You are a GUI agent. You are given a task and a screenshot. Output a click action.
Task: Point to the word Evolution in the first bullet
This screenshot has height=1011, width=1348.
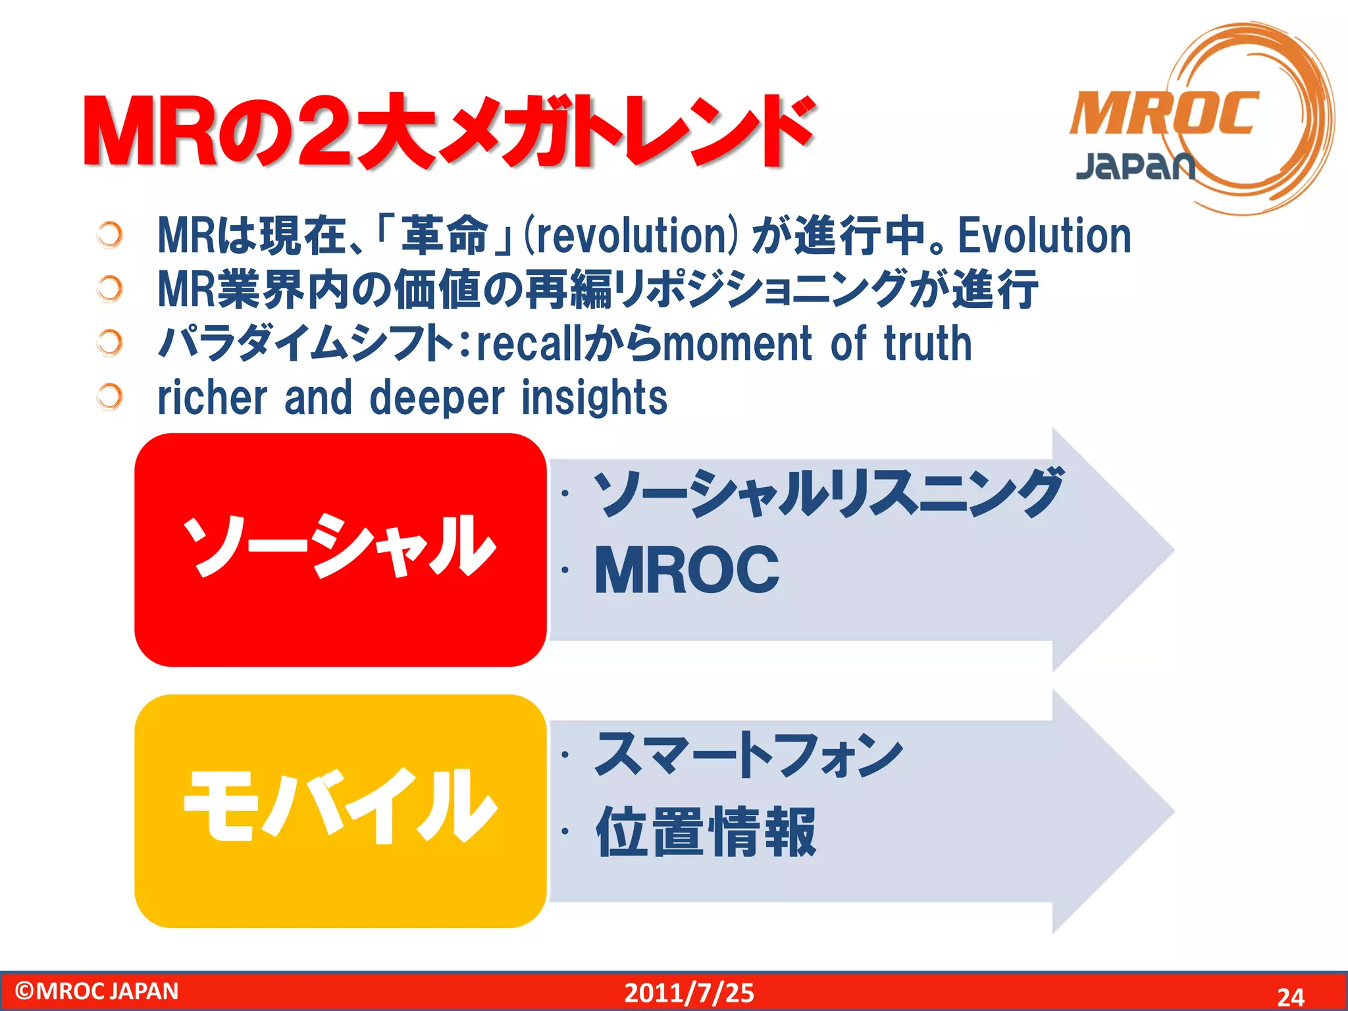(1044, 236)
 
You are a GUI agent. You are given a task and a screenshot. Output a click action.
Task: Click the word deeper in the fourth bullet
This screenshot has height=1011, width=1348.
(437, 398)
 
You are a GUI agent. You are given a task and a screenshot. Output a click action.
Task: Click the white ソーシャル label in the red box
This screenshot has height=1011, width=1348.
(338, 546)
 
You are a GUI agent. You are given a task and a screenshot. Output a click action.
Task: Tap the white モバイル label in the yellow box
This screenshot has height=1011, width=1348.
(340, 807)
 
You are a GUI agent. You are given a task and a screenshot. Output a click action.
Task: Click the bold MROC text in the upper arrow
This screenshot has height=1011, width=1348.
(686, 570)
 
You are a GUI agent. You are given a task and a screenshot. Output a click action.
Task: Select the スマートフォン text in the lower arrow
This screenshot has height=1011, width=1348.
(748, 754)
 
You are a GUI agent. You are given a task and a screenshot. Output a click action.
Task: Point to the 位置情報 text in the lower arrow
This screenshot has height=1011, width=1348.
(706, 832)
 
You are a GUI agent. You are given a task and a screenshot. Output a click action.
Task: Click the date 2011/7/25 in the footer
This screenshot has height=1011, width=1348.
(688, 993)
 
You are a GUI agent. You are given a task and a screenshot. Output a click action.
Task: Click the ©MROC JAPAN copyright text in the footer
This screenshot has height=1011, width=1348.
(96, 991)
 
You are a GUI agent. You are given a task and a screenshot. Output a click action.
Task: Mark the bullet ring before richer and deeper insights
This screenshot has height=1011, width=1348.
(109, 396)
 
